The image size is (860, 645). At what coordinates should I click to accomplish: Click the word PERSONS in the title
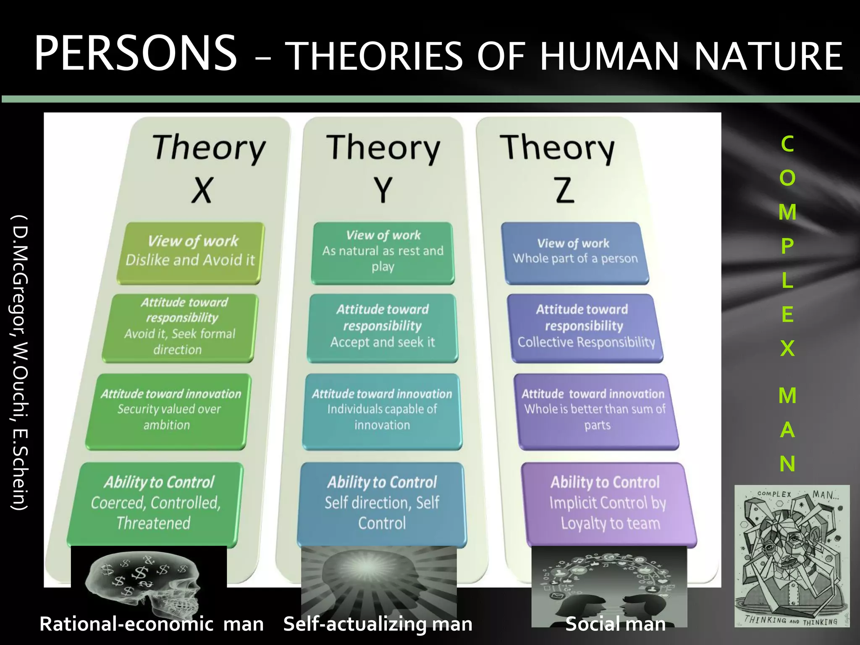click(135, 54)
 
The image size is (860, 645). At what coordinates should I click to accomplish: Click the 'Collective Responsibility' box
click(586, 328)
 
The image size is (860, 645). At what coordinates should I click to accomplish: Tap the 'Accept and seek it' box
click(383, 328)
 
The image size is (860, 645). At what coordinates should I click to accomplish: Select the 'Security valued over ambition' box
click(168, 412)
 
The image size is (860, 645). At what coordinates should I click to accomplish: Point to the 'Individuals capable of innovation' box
click(382, 412)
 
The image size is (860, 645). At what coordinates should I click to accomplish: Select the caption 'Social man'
click(616, 624)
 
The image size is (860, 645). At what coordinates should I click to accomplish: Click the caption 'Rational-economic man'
click(151, 624)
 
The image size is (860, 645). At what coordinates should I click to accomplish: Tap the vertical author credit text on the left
click(20, 363)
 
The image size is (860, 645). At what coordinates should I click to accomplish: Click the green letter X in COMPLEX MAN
click(787, 348)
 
